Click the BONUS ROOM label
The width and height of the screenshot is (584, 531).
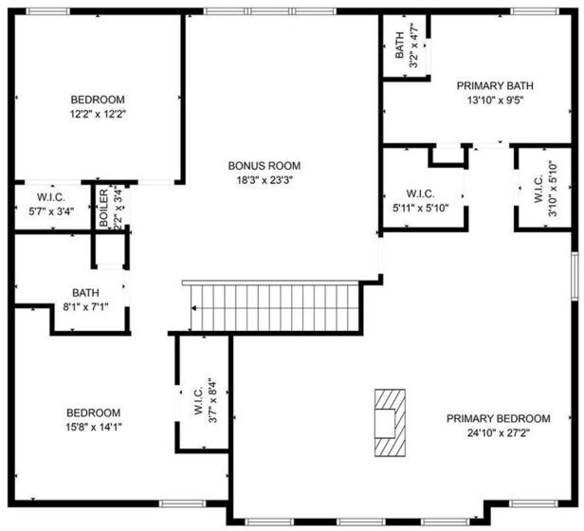click(x=265, y=165)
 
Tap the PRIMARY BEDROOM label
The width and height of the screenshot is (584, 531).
click(x=499, y=418)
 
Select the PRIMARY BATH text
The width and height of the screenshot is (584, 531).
click(x=495, y=85)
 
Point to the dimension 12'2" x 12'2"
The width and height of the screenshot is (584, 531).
click(x=99, y=114)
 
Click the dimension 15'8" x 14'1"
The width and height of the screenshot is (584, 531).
click(x=94, y=427)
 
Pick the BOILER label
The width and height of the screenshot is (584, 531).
click(x=104, y=208)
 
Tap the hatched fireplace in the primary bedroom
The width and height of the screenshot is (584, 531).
click(x=390, y=423)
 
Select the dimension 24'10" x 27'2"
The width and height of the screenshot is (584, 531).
click(x=499, y=433)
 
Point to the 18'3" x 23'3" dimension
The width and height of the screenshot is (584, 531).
click(x=265, y=180)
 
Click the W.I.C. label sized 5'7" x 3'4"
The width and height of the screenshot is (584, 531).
click(x=51, y=197)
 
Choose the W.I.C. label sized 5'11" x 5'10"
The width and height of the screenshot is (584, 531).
click(x=421, y=193)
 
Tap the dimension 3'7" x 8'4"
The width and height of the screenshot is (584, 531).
click(x=212, y=400)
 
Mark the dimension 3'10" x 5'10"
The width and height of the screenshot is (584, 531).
click(x=554, y=188)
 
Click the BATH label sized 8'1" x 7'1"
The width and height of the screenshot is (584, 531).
click(x=85, y=293)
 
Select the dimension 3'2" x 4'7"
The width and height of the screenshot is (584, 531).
click(x=413, y=46)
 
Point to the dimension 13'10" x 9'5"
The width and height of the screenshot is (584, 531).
click(x=495, y=101)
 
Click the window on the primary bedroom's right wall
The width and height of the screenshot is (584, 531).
click(x=575, y=276)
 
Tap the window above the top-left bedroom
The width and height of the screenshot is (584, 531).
click(x=47, y=11)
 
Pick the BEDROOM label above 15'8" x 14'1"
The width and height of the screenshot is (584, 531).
click(x=94, y=412)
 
